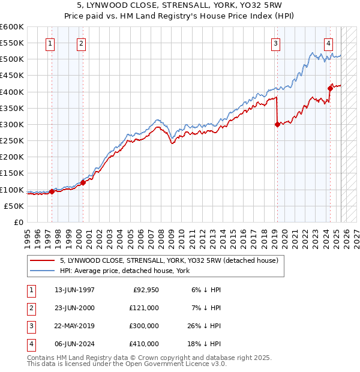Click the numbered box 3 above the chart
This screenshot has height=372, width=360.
click(275, 43)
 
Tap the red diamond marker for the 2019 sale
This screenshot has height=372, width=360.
click(277, 125)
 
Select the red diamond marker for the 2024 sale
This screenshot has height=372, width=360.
click(330, 89)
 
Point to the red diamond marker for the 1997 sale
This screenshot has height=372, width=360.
click(52, 192)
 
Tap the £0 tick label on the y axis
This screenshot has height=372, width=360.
click(19, 223)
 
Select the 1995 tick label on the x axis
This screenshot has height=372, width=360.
click(28, 237)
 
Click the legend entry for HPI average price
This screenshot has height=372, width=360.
click(125, 271)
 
